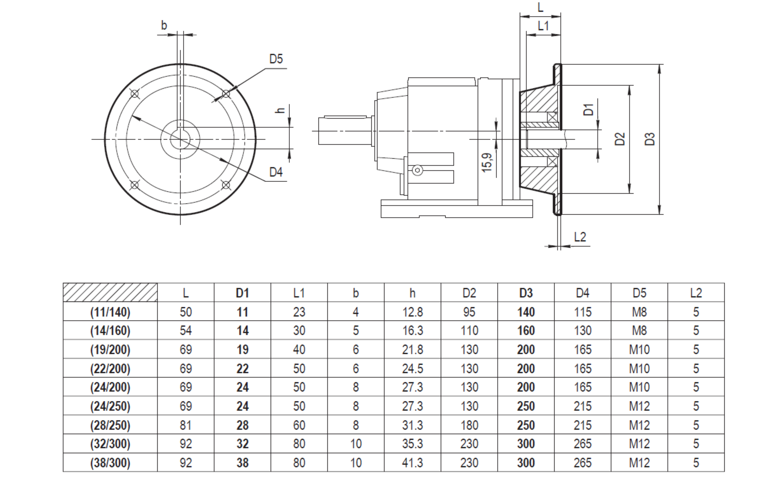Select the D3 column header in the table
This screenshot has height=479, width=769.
(x=526, y=293)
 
